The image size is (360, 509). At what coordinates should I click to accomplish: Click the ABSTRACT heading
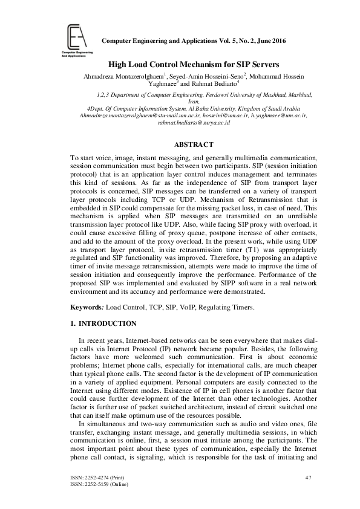coord(194,144)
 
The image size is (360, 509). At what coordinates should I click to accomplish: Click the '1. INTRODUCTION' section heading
coord(103,324)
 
